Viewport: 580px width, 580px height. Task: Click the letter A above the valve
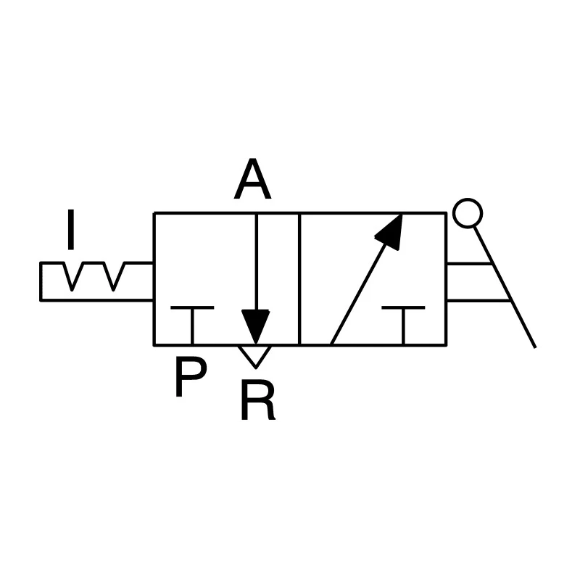click(252, 179)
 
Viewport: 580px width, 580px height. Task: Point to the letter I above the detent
click(71, 229)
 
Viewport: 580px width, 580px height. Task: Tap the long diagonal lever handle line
click(505, 287)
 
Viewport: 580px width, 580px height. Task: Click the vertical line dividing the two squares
click(299, 279)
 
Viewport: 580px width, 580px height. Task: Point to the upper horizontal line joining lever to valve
click(469, 264)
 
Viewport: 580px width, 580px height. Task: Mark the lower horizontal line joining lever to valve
click(479, 300)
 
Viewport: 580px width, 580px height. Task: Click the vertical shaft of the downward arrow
click(256, 262)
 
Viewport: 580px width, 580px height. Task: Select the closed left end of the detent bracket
click(41, 281)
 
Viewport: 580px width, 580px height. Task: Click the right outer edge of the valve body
click(447, 279)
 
